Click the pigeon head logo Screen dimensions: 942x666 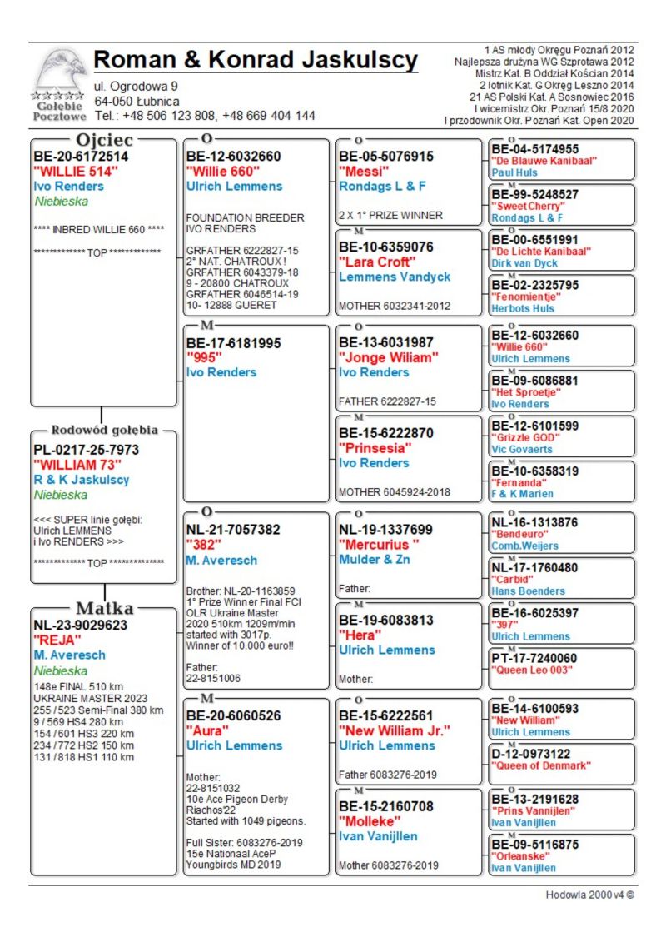60,72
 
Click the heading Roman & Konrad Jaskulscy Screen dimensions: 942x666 256,61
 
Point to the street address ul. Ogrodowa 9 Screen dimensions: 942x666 136,86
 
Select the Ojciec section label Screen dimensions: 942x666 106,139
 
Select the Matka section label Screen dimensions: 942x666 104,607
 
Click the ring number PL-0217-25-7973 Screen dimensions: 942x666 87,450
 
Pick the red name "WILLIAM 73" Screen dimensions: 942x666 77,465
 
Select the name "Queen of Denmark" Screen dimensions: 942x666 541,765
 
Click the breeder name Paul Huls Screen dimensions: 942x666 514,172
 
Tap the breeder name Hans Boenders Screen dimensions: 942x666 528,591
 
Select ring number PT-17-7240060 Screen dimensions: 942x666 534,658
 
